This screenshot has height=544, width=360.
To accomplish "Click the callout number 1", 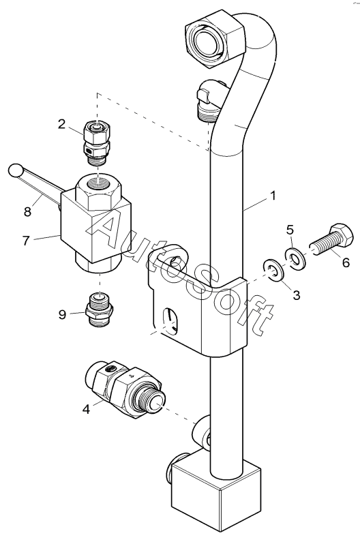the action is (273, 196).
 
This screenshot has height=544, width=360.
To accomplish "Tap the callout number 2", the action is (61, 124).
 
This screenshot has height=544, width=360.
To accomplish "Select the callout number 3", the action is (296, 295).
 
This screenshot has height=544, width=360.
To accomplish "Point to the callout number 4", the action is (86, 410).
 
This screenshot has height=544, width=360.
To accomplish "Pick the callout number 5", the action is (290, 230).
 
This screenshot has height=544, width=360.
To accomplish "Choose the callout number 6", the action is (346, 262).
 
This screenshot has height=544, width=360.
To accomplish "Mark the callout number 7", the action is (26, 241).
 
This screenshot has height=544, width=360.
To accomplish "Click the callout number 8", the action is (27, 211).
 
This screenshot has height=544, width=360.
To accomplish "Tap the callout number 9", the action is (62, 314).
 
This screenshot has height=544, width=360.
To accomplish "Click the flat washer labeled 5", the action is (295, 258).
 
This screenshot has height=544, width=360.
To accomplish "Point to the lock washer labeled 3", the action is (274, 270).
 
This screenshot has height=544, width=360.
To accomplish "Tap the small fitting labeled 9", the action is (100, 309).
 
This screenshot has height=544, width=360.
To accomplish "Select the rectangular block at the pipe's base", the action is (216, 494).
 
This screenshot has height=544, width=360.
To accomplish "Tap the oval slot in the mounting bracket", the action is (170, 320).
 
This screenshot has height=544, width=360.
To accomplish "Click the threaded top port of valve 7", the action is (99, 183).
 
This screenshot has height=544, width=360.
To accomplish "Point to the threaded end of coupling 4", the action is (150, 401).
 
